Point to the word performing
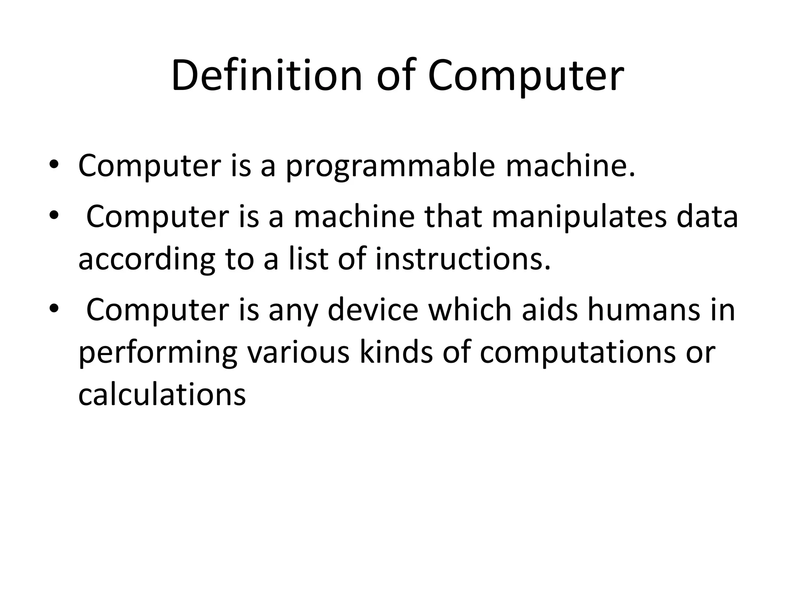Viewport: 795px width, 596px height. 158,353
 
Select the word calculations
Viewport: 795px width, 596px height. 162,395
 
